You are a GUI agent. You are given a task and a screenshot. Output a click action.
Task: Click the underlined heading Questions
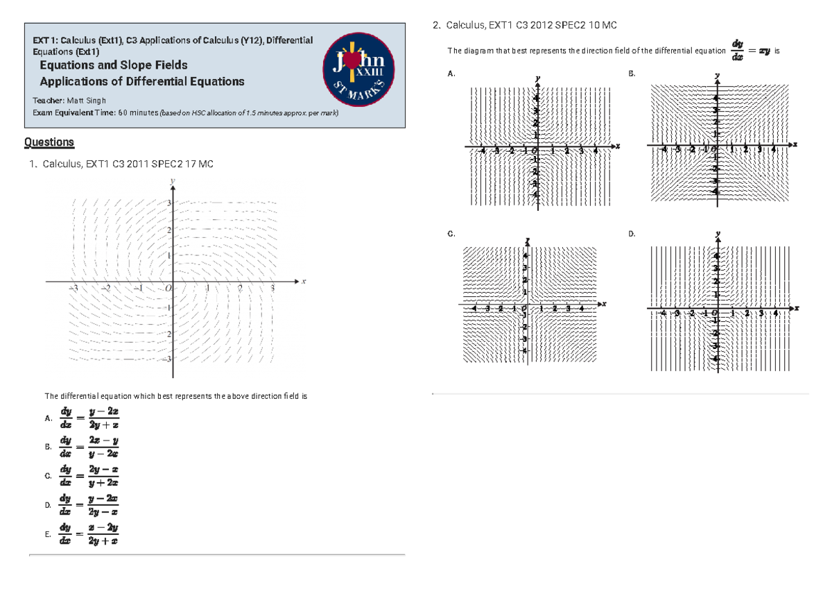click(x=49, y=142)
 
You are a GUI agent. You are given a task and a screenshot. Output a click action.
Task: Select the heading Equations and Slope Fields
click(x=114, y=65)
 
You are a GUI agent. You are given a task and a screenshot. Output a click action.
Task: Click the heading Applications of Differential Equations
click(x=142, y=82)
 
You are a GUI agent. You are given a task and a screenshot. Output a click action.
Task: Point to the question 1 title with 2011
click(x=128, y=164)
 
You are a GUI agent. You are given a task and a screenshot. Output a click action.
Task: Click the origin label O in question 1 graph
click(x=167, y=289)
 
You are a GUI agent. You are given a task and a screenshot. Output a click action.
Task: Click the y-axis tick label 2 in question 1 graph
click(x=168, y=229)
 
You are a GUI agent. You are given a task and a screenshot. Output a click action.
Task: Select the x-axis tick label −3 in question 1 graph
click(x=73, y=289)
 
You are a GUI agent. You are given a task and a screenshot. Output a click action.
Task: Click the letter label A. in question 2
click(x=452, y=74)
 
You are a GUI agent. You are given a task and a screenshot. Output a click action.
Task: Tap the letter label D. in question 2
click(x=632, y=234)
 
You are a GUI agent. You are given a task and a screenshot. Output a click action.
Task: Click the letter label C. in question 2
click(x=452, y=234)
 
